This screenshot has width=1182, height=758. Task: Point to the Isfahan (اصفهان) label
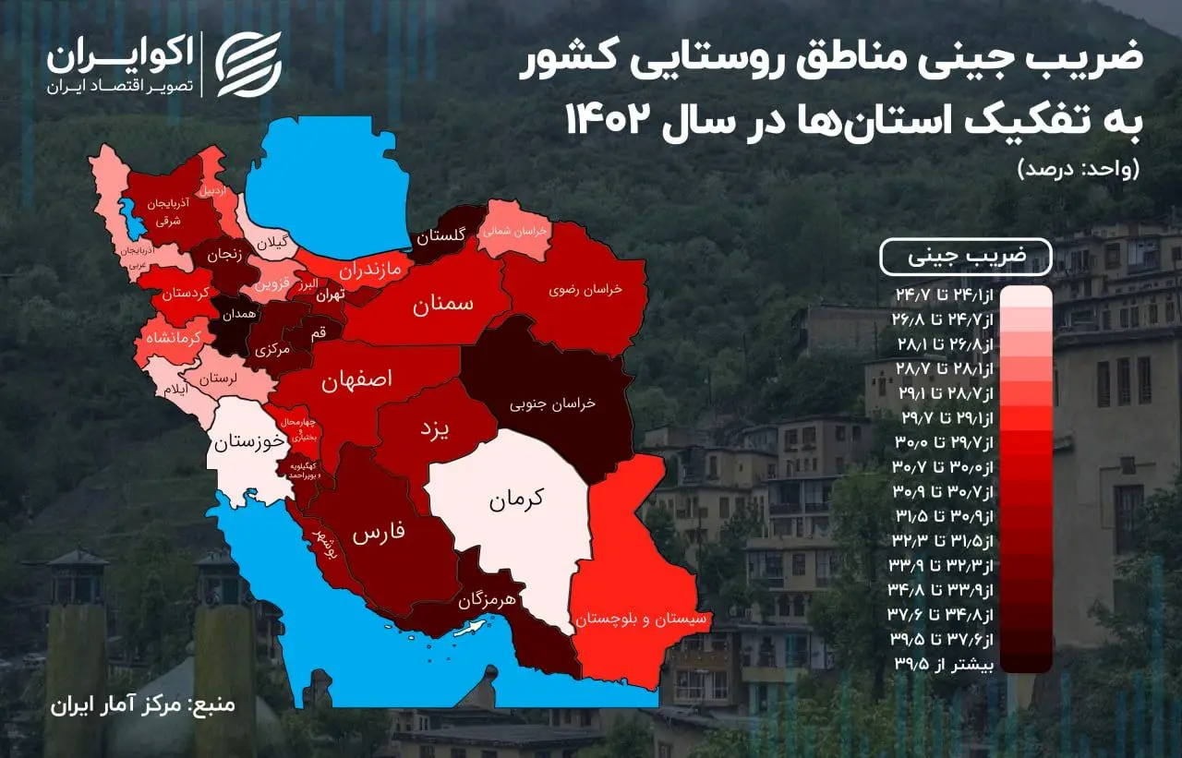click(356, 378)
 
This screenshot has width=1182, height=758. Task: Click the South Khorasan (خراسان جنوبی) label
click(552, 403)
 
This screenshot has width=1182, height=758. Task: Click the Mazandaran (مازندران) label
click(369, 271)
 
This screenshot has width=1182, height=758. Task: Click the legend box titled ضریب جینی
click(966, 256)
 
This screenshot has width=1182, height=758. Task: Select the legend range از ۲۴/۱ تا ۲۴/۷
click(942, 295)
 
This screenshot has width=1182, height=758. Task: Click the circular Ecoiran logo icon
click(247, 64)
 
